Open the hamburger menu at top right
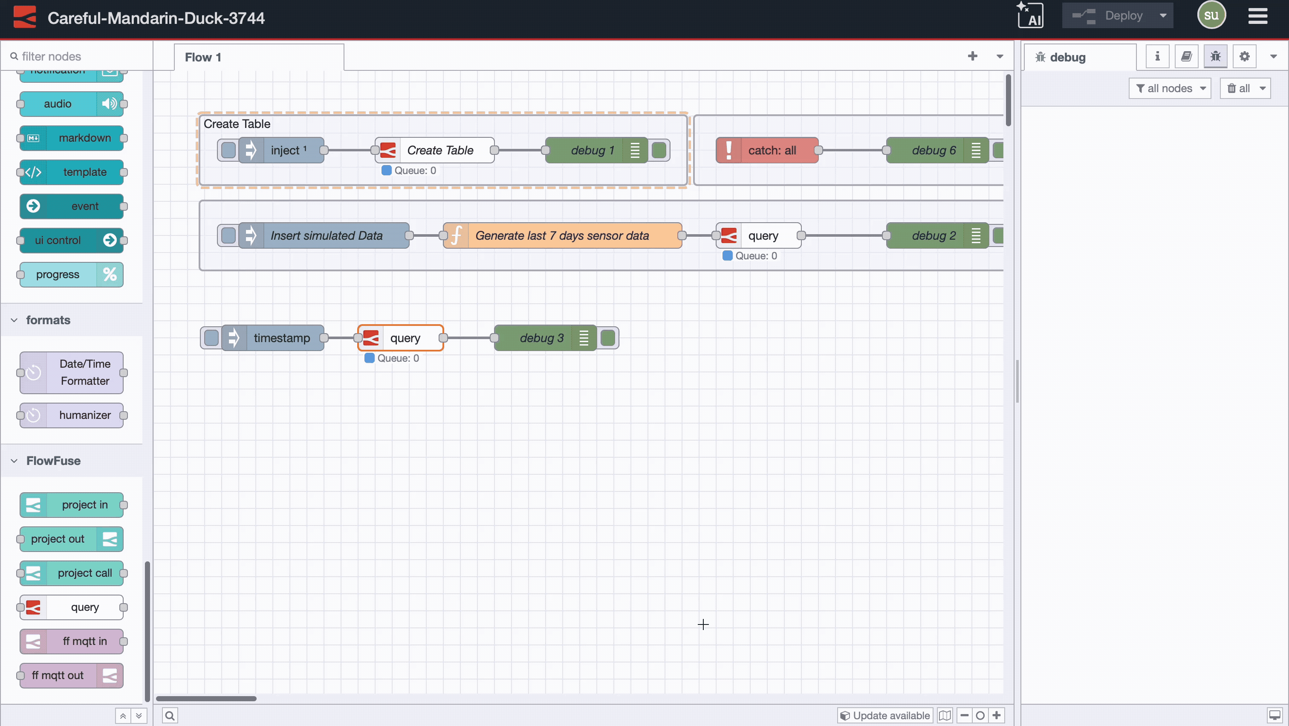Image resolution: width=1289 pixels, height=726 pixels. coord(1257,16)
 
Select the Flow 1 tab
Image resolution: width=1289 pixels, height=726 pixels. coord(203,57)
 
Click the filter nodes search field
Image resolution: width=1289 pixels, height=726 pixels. coord(80,56)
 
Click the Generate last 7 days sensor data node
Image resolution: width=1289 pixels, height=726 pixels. coord(561,235)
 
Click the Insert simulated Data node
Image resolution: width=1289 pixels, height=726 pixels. coord(326,235)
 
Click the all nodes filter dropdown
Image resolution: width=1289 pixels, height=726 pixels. coord(1169,88)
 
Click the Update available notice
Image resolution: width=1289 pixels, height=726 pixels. coord(884,715)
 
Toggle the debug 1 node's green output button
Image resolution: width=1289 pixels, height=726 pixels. coord(659,150)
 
